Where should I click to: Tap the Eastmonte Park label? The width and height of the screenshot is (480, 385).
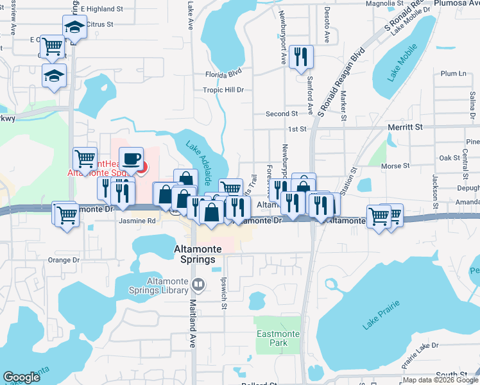276,338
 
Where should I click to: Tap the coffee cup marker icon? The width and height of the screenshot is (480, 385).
131,158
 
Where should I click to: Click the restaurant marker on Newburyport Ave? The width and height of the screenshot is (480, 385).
300,57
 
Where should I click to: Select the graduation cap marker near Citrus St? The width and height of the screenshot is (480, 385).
74,27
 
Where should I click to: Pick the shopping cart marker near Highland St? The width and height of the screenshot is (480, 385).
52,46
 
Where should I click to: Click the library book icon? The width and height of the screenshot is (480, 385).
199,284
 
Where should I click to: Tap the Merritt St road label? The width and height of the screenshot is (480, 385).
405,128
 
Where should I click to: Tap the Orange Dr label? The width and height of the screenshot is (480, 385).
63,261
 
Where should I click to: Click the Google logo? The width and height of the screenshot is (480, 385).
22,377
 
